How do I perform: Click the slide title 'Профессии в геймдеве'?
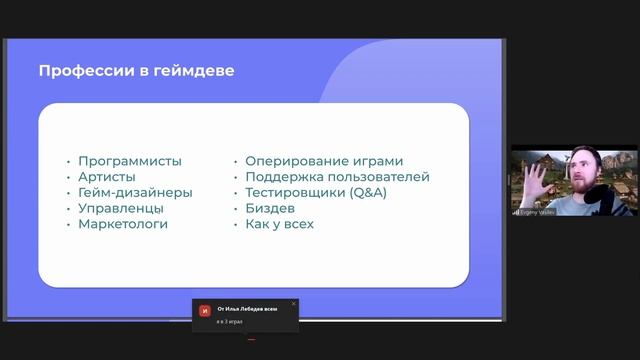136,71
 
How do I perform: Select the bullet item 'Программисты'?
130,161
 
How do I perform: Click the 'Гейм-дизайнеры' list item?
135,193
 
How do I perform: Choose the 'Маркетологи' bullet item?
123,225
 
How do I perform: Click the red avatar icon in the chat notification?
205,311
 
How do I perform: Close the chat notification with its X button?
293,303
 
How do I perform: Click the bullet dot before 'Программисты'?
68,161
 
